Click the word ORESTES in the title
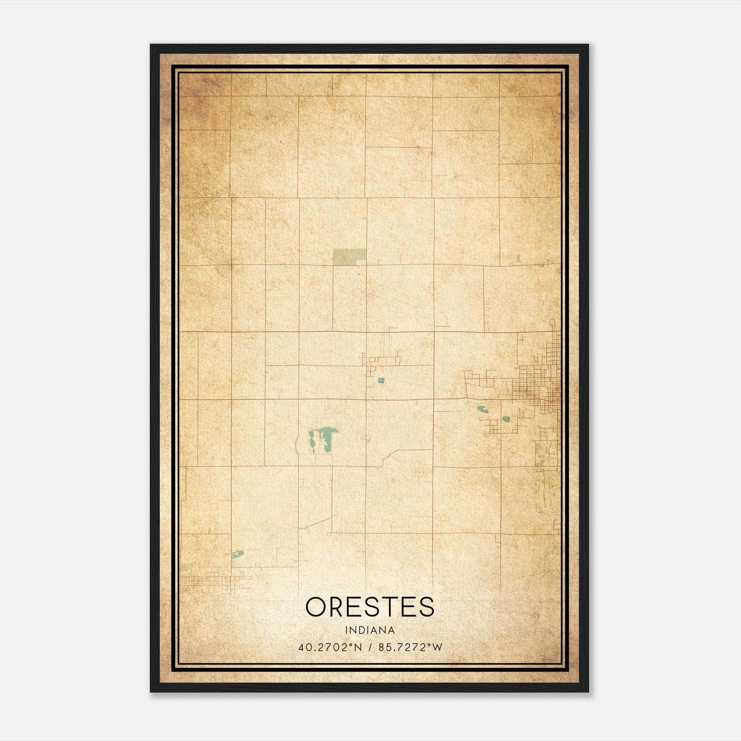coord(370,607)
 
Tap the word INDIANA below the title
coord(370,630)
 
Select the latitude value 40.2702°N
coord(330,647)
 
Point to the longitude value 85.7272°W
coord(410,647)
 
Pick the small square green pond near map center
coord(381,380)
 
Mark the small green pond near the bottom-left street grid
coord(238,554)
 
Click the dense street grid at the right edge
coord(537,387)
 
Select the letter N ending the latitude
coord(358,647)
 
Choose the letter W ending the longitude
coord(438,647)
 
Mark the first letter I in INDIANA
coord(346,630)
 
